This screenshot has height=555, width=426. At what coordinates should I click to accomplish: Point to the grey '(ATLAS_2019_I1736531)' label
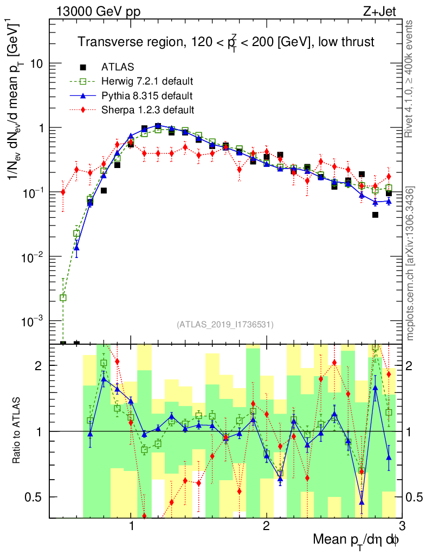(x=225, y=325)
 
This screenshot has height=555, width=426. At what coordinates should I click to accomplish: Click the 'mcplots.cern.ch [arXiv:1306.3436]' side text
(x=410, y=263)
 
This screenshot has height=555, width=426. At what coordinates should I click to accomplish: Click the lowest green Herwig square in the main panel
(x=63, y=298)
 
